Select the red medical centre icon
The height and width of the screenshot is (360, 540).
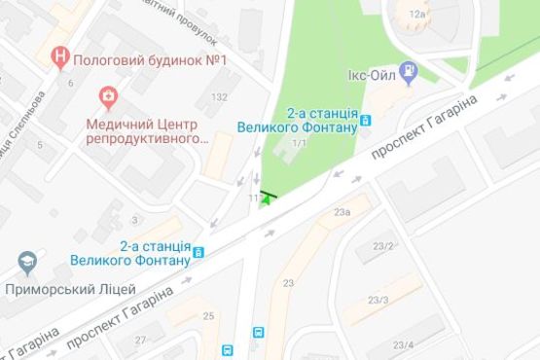107,97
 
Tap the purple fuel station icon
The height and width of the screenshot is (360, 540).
411,71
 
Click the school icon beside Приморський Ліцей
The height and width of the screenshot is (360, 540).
26,264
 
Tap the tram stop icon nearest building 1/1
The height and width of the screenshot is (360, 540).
365,122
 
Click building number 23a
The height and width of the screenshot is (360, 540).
341,212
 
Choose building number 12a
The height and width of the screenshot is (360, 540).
418,16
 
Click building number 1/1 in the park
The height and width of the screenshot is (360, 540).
299,144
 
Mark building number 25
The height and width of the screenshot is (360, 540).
208,316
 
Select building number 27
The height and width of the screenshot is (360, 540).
141,340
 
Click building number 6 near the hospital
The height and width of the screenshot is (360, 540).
70,83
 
